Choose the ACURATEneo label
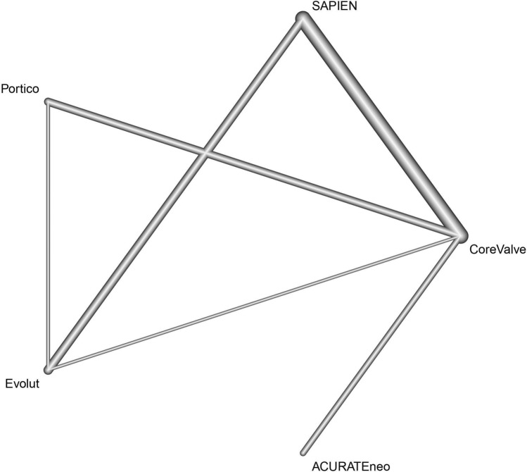coord(350,464)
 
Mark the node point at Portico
coord(48,103)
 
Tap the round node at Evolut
coord(48,368)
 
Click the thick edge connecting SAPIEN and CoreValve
coord(383,127)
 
